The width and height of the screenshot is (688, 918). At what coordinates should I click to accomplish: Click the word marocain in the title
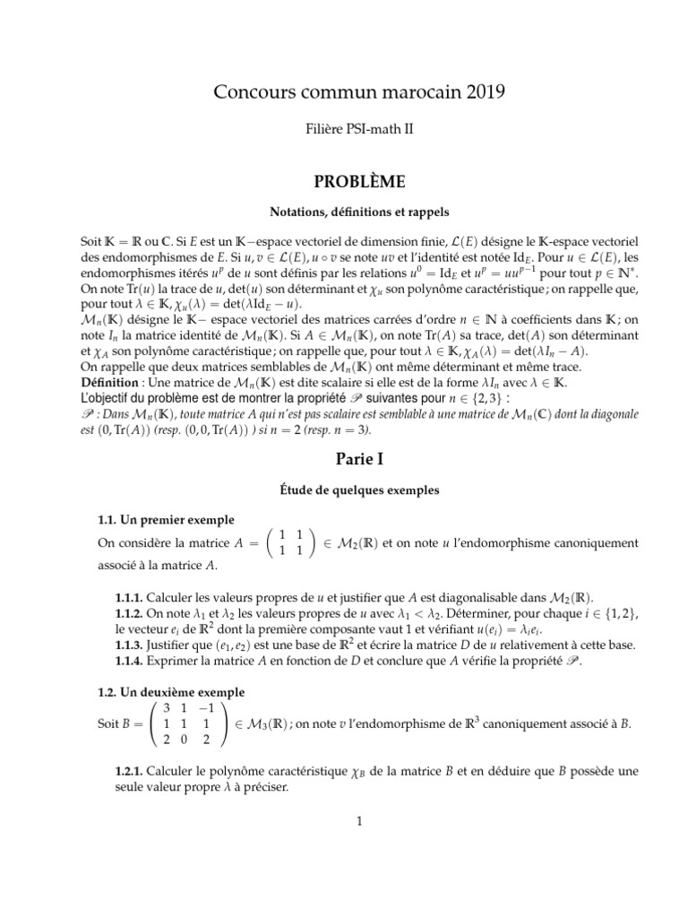[409, 91]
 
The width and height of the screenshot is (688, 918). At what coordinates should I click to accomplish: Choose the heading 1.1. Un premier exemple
[166, 520]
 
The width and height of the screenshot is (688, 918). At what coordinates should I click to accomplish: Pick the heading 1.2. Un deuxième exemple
[170, 693]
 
